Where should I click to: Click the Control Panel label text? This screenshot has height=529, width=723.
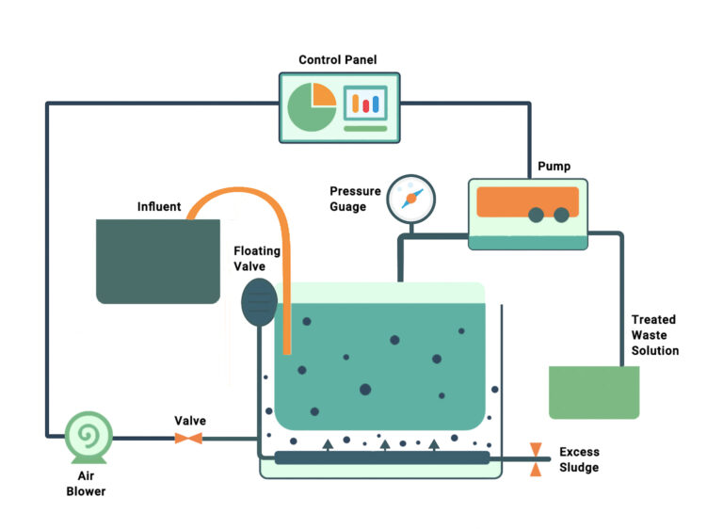[337, 60]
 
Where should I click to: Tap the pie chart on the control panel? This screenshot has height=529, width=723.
[312, 106]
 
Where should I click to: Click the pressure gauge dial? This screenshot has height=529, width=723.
[411, 198]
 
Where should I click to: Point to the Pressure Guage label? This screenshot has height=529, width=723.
[355, 199]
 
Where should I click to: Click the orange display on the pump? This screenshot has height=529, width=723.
[527, 200]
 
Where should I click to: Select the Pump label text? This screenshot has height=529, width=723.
[554, 167]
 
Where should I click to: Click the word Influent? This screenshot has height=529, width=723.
[159, 206]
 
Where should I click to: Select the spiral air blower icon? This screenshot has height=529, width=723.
[89, 436]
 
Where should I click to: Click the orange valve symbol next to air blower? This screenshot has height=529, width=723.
[189, 439]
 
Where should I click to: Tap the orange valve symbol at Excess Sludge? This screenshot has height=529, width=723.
[536, 459]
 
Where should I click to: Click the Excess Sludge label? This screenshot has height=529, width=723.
[579, 459]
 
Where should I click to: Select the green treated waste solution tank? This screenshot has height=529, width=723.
[594, 392]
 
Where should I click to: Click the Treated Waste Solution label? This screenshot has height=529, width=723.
[654, 335]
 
